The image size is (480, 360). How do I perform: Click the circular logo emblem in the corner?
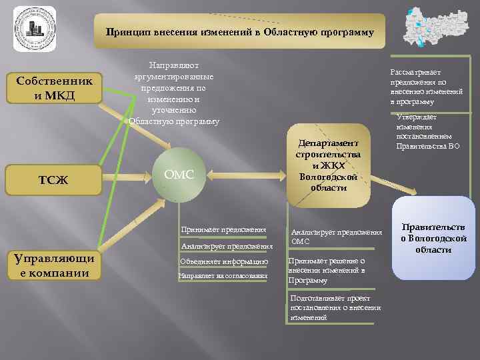[x=33, y=30]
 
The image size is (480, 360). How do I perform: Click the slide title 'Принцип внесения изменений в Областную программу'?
[x=239, y=31]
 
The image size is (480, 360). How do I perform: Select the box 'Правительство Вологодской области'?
[x=433, y=238]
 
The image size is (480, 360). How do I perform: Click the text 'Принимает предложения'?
[x=223, y=230]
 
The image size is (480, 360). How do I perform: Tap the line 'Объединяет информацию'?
[x=224, y=262]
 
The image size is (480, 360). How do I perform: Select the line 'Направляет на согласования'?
[x=223, y=275]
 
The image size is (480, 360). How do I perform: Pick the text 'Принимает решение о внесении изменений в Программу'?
[x=327, y=271]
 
